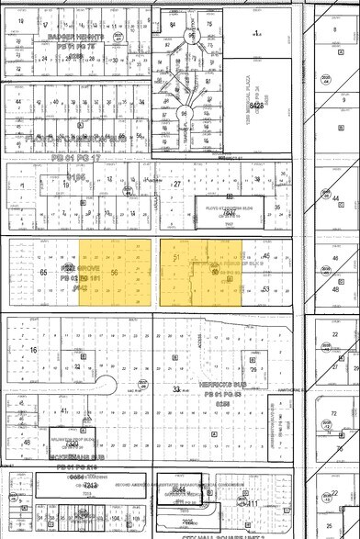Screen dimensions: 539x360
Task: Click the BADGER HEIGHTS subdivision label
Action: pos(68,37)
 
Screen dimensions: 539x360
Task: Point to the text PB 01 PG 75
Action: pos(68,44)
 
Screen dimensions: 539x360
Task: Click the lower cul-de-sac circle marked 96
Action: pos(191,113)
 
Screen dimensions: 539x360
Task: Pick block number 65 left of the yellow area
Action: pos(42,273)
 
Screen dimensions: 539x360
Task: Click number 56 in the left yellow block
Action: pos(115,273)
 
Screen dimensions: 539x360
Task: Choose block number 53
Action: pos(266,288)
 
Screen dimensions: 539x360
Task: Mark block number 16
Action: pos(33,350)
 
